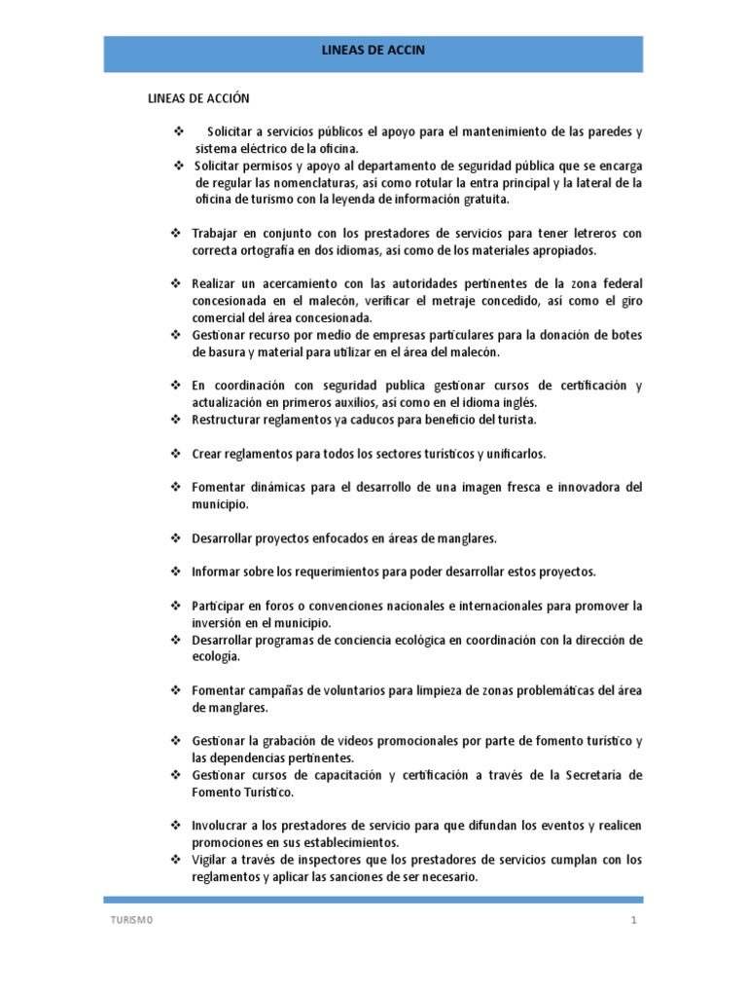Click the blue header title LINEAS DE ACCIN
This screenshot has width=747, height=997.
373,49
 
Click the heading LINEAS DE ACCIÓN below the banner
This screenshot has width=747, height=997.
198,99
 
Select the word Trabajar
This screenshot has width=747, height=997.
215,234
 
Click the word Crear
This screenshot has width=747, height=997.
207,454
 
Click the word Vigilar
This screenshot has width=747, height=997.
211,860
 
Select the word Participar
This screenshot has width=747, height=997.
221,606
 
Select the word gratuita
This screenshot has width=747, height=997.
484,200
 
